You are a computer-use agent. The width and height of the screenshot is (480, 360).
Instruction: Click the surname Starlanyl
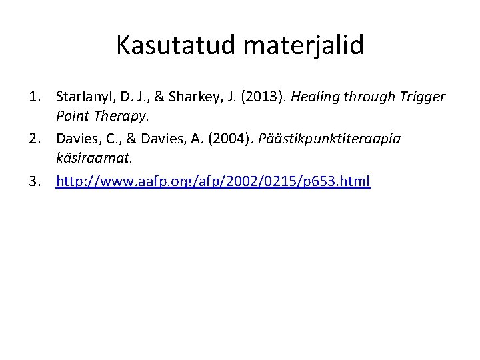83,97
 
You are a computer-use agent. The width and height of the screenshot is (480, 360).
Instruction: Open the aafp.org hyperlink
213,181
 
